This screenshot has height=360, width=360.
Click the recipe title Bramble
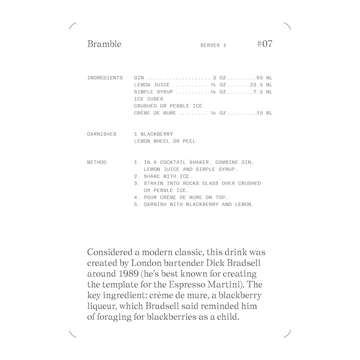coord(104,44)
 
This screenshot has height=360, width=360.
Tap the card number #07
coord(264,44)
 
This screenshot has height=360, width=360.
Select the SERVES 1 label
coord(213,45)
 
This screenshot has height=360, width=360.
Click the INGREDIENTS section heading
coord(105,78)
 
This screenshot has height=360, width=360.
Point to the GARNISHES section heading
coord(102,134)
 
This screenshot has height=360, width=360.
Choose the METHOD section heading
coord(97,162)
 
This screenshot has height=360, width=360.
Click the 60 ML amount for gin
coord(265,78)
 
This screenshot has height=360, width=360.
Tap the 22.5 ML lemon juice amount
coord(261,85)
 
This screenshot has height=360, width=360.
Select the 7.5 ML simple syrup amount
coord(263,92)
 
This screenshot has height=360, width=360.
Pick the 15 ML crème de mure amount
coord(265,113)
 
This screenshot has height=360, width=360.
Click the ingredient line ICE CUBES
coord(148,99)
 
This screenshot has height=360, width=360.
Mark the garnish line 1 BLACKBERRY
coord(153,134)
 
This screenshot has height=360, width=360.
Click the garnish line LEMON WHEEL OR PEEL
coord(165,141)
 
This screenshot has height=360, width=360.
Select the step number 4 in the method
coord(136,197)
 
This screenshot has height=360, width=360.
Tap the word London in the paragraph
coord(143,263)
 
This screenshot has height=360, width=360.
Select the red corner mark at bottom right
coord(288,333)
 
